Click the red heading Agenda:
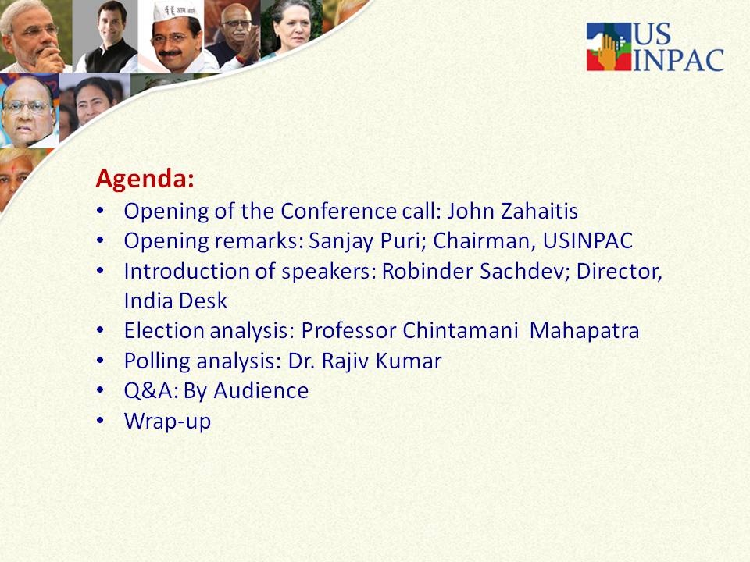(x=145, y=180)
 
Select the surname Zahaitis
(x=540, y=211)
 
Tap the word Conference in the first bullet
(x=338, y=211)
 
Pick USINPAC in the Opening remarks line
(x=587, y=240)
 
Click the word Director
(x=620, y=272)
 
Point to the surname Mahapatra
(x=584, y=331)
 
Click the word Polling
(x=157, y=361)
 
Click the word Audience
(x=261, y=391)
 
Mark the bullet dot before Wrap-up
(x=100, y=421)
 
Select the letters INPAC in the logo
(x=678, y=60)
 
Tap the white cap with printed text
(x=176, y=10)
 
